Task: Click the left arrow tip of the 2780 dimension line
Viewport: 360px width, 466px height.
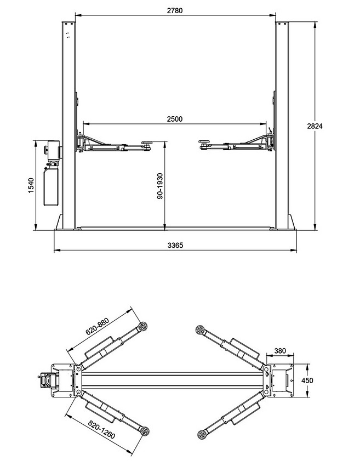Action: click(x=76, y=15)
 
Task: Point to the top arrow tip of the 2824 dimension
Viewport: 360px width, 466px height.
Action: click(x=315, y=22)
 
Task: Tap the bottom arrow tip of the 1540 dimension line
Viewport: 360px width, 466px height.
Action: click(x=36, y=230)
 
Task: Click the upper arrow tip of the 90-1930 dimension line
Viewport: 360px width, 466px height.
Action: click(x=164, y=142)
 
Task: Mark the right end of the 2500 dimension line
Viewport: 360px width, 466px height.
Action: click(x=266, y=123)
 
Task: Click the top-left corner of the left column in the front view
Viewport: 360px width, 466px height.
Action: click(x=62, y=22)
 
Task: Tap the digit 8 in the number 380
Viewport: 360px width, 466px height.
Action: click(x=280, y=351)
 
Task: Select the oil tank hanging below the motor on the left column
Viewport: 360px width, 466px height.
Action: click(x=51, y=186)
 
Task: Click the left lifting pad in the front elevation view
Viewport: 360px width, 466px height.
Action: click(x=147, y=143)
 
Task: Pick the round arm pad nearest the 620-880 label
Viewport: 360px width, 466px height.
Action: click(x=143, y=326)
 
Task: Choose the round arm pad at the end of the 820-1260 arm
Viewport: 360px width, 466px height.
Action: click(x=145, y=430)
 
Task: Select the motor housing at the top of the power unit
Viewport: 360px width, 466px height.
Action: click(x=53, y=151)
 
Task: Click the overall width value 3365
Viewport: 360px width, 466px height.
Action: click(x=175, y=246)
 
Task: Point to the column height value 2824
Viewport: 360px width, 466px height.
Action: click(x=315, y=126)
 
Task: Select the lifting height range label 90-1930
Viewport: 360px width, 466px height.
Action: click(x=160, y=186)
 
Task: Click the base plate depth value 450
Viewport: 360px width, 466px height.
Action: click(x=307, y=380)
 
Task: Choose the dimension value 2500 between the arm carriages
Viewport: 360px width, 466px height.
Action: click(x=175, y=119)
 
